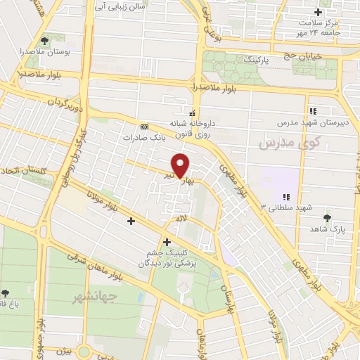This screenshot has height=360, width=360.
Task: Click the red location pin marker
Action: coord(181,165)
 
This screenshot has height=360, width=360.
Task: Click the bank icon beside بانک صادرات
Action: coord(145,126)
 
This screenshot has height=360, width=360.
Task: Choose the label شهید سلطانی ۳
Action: coord(285,207)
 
